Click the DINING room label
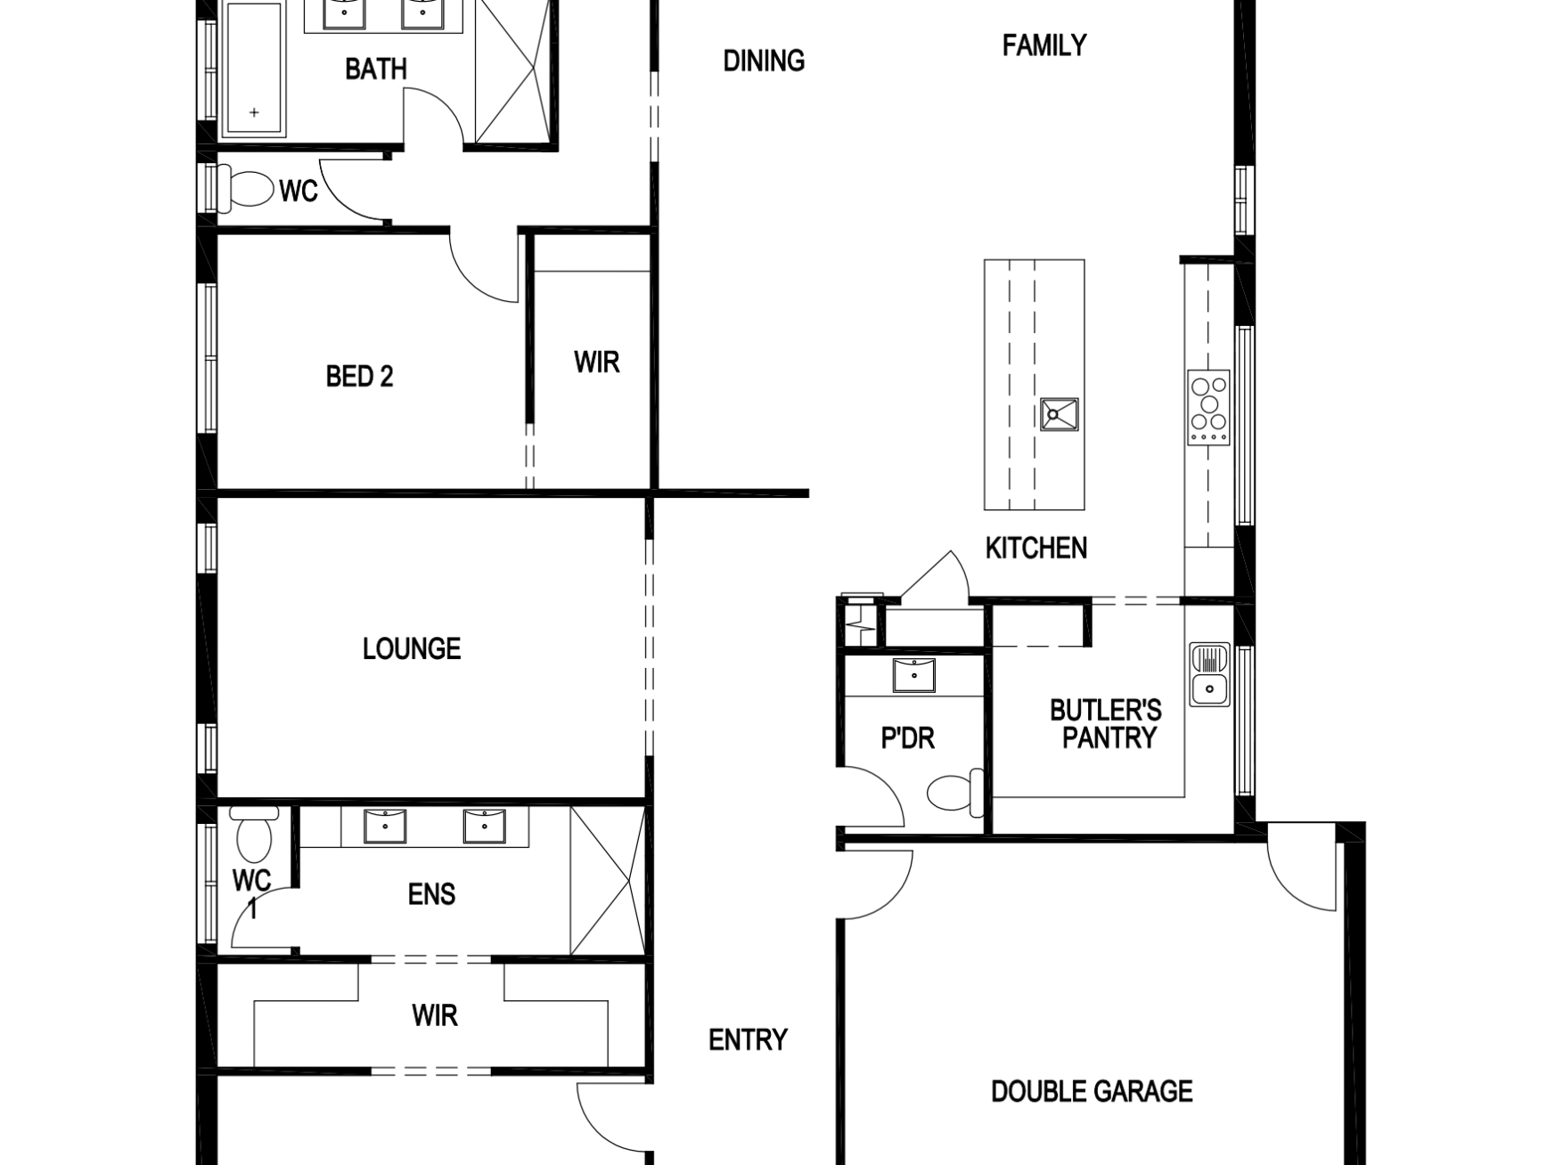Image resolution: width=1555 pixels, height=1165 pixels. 764,61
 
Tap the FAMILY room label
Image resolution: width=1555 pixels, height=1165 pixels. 1043,45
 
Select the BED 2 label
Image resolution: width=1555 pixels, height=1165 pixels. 359,377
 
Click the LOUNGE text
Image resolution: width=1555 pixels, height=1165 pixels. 412,648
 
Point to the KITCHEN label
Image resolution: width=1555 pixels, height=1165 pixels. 1035,548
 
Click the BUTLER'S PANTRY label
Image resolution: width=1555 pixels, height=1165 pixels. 1106,724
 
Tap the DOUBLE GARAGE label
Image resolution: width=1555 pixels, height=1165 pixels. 1092,1091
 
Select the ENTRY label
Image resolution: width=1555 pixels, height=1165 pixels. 748,1039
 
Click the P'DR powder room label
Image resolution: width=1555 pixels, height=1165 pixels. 907,738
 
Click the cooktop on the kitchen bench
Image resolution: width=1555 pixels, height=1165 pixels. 1208,407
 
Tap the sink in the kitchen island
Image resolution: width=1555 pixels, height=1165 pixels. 1059,414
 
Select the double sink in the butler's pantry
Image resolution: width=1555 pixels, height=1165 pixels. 1209,674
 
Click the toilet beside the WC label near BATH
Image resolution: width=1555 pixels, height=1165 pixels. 250,189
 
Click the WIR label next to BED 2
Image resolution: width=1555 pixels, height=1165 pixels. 596,363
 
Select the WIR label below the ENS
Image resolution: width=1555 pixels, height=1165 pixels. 435,1014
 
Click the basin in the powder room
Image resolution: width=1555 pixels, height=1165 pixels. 914,674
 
